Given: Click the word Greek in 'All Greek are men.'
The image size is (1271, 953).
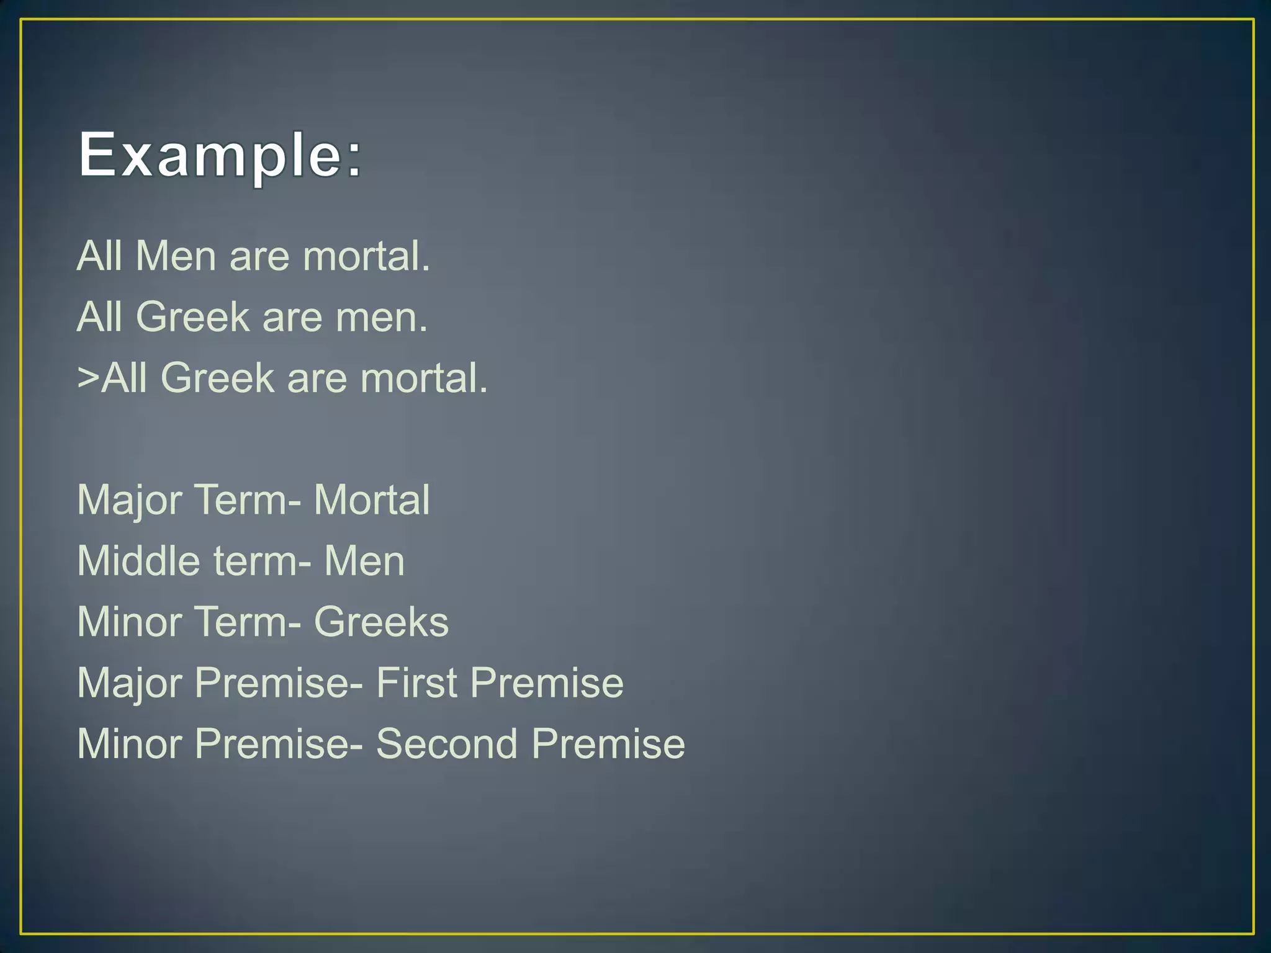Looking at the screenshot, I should point(192,317).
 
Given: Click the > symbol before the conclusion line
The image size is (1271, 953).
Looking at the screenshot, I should point(88,377).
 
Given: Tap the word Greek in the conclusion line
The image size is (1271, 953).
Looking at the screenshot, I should point(217,377).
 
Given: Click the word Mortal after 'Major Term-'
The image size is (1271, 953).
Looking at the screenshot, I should point(371,499).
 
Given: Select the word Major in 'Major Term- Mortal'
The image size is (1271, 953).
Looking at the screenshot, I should point(129,499).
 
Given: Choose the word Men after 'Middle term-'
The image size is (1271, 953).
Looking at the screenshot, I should point(364,560).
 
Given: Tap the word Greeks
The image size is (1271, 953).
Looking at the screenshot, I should point(381,622).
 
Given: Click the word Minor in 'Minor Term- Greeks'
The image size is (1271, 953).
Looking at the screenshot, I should point(129,622).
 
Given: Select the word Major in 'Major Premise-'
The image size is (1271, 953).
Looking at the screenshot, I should point(129,682).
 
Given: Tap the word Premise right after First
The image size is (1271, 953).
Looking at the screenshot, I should point(547,682).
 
